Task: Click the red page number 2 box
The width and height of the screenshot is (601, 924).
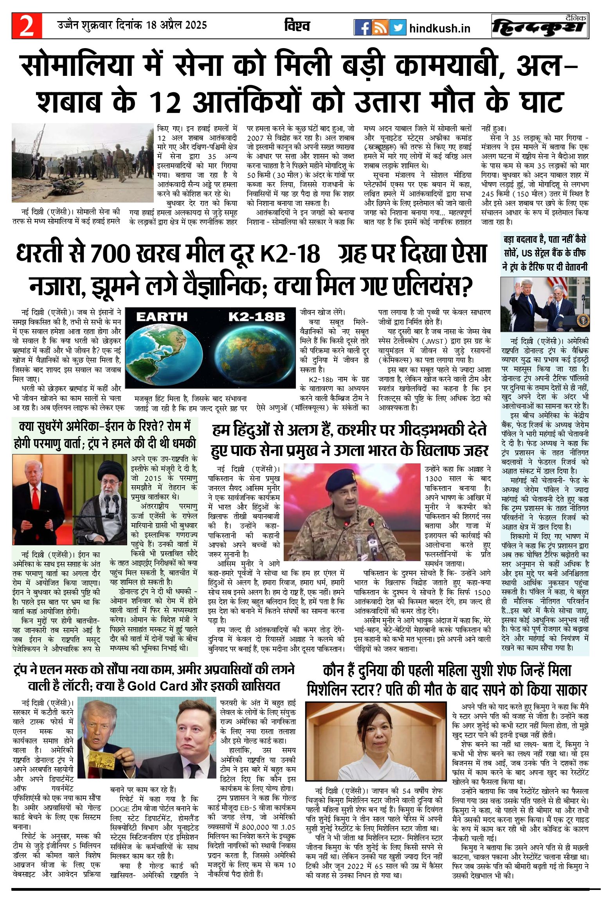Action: coord(27,26)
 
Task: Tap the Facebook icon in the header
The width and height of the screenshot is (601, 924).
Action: coord(362,27)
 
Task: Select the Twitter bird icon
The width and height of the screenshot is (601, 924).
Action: coord(398,27)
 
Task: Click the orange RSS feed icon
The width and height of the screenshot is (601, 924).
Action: coord(380,27)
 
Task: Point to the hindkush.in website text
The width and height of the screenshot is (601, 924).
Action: coord(440,29)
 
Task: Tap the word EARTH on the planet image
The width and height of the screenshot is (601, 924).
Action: coord(162,317)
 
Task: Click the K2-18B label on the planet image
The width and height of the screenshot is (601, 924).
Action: coord(257,317)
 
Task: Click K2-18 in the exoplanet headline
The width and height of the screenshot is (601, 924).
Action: coord(290,254)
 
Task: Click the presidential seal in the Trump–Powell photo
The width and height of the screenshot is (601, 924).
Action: coord(583,321)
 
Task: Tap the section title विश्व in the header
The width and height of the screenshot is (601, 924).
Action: coord(297,26)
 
